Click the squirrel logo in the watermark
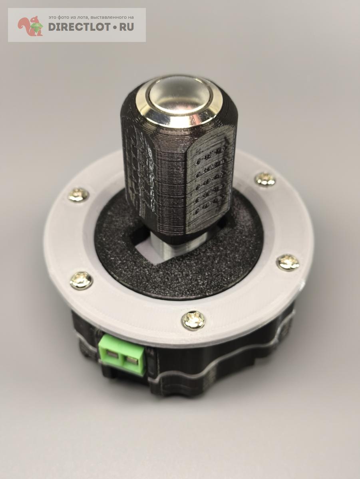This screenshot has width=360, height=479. pos(31,26)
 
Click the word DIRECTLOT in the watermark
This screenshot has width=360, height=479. pos(79,27)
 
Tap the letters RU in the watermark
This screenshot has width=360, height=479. pos(126,27)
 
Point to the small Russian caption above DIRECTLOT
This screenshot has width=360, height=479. pos(91,18)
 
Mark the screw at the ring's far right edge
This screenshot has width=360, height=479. pos(288,262)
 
